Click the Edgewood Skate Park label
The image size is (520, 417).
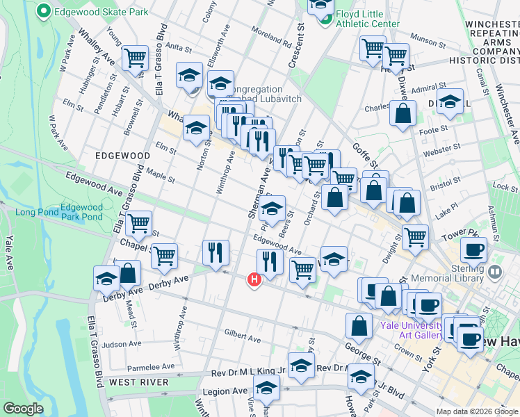101,13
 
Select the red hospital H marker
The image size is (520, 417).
254,279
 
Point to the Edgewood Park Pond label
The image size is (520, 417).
81,212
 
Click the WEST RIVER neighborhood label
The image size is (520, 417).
139,382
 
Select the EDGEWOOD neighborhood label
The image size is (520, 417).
122,156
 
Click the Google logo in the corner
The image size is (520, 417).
22,409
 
